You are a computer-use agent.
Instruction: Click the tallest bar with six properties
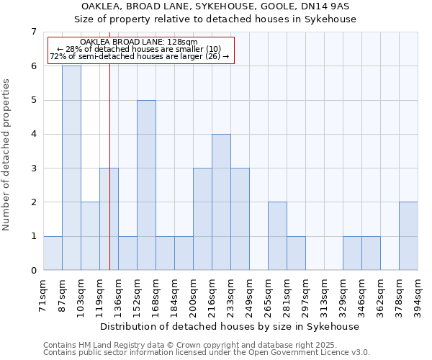[71, 168]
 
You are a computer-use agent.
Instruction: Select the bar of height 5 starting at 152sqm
[146, 185]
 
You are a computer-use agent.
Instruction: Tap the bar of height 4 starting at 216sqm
[221, 202]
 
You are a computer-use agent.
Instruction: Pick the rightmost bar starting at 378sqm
[408, 236]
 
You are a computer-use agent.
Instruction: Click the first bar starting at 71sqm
[53, 253]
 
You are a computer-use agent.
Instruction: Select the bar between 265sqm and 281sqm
[277, 236]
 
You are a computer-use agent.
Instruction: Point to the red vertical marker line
[109, 180]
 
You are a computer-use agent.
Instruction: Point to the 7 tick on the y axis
[32, 32]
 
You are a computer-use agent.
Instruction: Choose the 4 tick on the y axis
[32, 134]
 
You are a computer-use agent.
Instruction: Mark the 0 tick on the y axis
[32, 271]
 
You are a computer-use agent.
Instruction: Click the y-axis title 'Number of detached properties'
[7, 155]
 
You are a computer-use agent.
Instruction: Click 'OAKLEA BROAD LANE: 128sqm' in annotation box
[139, 42]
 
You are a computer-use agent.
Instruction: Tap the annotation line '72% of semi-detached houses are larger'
[140, 56]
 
